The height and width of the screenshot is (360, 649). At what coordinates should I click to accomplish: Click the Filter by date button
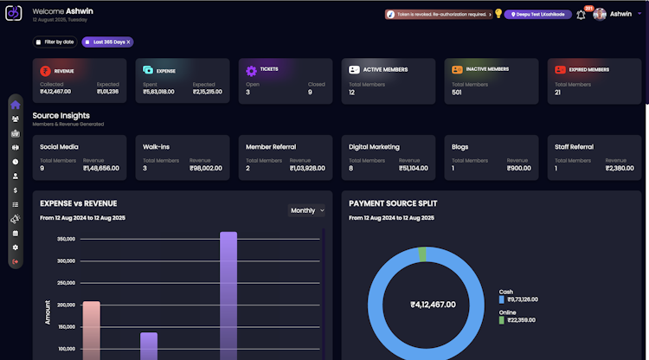click(55, 42)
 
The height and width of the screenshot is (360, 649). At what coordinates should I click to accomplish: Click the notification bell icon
click(581, 15)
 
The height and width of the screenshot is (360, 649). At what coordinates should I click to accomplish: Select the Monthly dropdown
click(307, 210)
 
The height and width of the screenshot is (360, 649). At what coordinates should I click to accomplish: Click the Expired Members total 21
click(558, 92)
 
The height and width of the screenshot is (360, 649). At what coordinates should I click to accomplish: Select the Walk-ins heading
click(156, 147)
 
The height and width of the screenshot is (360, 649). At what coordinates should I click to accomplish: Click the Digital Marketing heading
click(374, 147)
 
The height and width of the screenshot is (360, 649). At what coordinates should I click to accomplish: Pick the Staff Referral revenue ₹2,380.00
click(617, 168)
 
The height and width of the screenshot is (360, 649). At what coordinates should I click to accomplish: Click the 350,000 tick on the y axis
click(65, 239)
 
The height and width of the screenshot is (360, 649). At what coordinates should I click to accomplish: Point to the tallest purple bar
click(228, 294)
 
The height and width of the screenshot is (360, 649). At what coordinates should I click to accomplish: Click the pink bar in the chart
click(91, 329)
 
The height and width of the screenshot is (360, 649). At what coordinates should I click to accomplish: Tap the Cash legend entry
click(507, 292)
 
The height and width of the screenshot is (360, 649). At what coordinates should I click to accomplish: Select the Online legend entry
click(509, 313)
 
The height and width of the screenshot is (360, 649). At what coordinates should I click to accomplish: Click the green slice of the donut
click(422, 254)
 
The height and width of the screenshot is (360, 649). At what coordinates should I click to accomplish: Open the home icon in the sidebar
click(16, 106)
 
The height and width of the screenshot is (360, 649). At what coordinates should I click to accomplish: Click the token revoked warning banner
click(437, 15)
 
